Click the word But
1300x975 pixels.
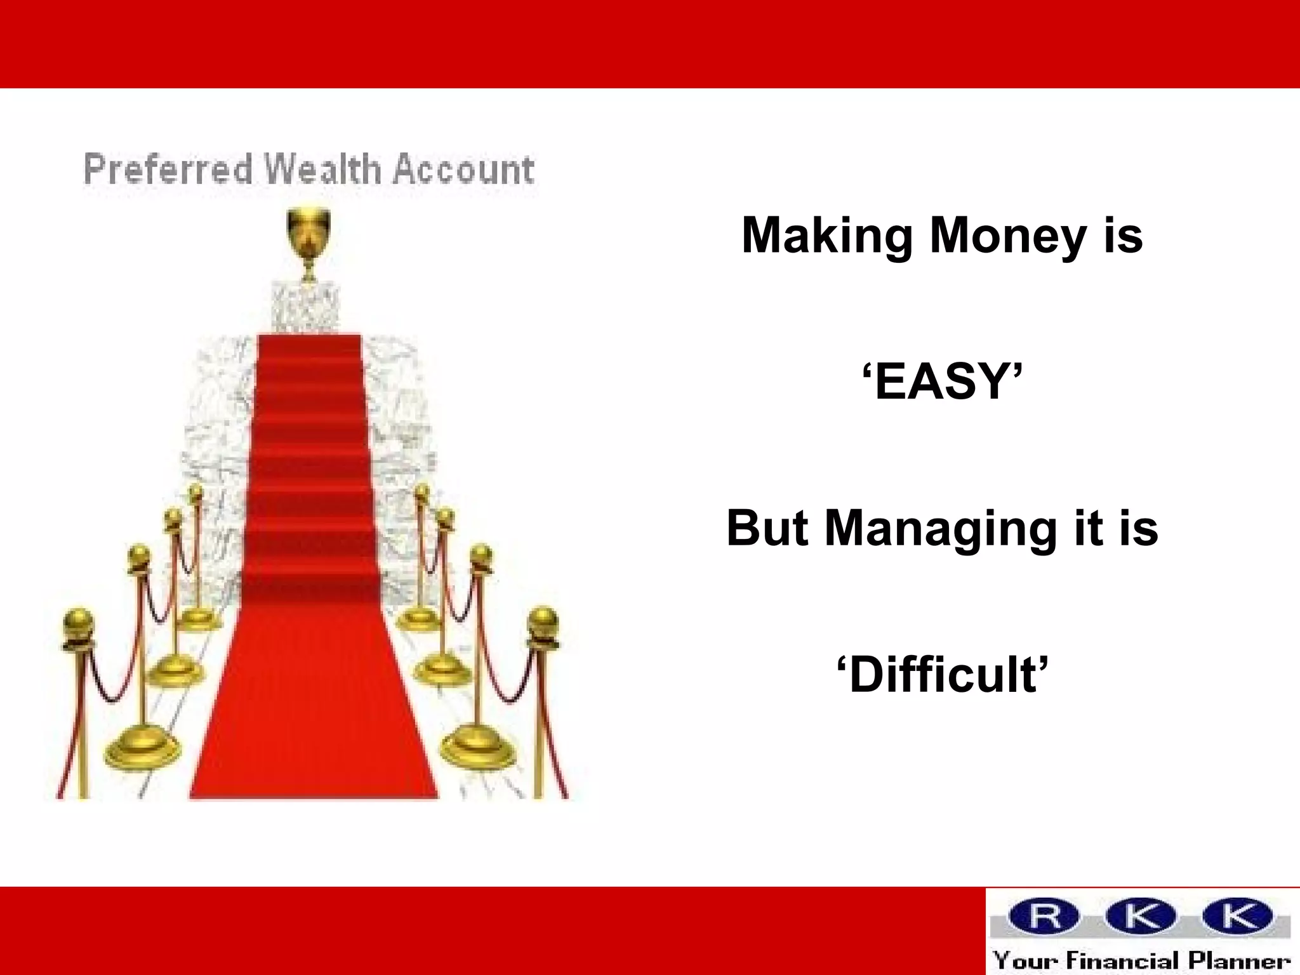(x=767, y=529)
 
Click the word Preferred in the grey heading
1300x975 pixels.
(x=168, y=170)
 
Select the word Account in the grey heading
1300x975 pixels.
(x=463, y=170)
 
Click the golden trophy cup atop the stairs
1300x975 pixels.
(x=308, y=232)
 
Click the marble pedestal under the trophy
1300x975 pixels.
(x=305, y=307)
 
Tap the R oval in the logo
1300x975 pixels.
(x=1045, y=916)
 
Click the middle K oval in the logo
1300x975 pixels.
(x=1141, y=916)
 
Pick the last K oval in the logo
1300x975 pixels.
(x=1238, y=916)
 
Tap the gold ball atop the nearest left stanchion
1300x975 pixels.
(x=79, y=625)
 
